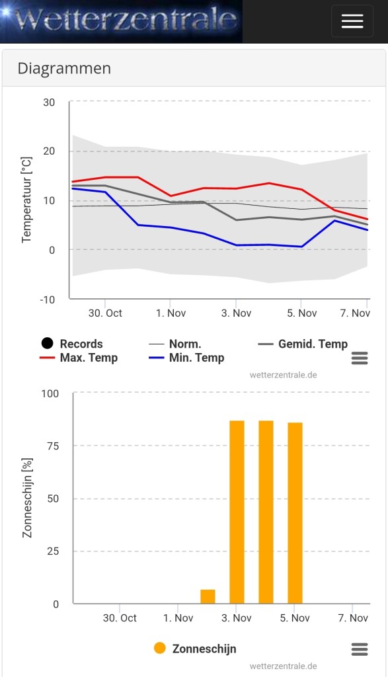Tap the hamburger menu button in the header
[x=352, y=21]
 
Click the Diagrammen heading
[x=64, y=68]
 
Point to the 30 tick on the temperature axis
[x=49, y=102]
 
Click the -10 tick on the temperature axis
[x=47, y=299]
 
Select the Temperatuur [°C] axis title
[x=26, y=200]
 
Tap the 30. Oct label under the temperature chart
[x=105, y=313]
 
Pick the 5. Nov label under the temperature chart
[x=301, y=313]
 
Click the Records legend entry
[x=72, y=344]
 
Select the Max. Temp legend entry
[x=79, y=358]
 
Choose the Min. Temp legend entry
[x=186, y=358]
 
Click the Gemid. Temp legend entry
[x=303, y=344]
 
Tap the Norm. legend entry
[x=175, y=344]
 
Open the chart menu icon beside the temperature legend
[x=360, y=358]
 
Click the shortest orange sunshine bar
[x=208, y=596]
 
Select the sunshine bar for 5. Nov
[x=295, y=513]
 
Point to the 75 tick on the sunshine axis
[x=53, y=446]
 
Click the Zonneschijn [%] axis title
[x=27, y=498]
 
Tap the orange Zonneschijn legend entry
[x=195, y=649]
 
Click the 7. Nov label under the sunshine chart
[x=353, y=618]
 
